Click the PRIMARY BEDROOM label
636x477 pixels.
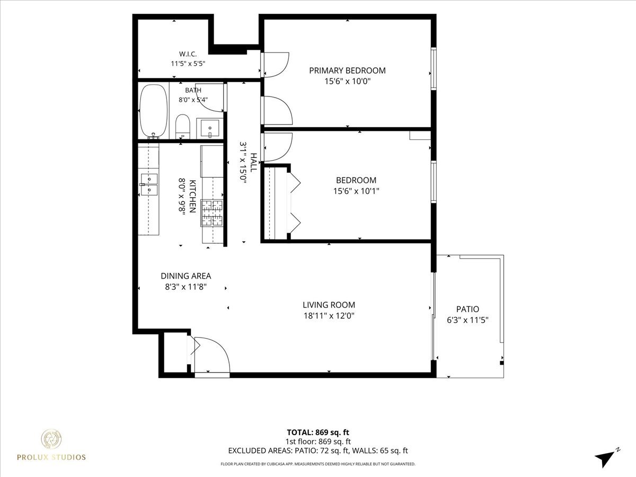point(347,70)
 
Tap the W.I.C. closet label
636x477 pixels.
point(188,54)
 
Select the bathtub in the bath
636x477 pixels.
point(154,111)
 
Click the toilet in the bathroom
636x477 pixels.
point(182,126)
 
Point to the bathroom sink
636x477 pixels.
point(210,128)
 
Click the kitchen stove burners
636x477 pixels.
point(213,213)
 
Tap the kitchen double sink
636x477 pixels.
point(149,184)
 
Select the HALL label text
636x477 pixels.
point(253,163)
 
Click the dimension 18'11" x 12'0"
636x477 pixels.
point(329,315)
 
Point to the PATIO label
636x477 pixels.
point(467,309)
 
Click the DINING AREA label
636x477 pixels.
point(185,276)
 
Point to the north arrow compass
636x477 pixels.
point(606,464)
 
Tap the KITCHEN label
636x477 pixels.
point(193,196)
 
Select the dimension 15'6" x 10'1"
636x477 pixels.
point(356,191)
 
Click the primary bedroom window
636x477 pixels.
point(434,69)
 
